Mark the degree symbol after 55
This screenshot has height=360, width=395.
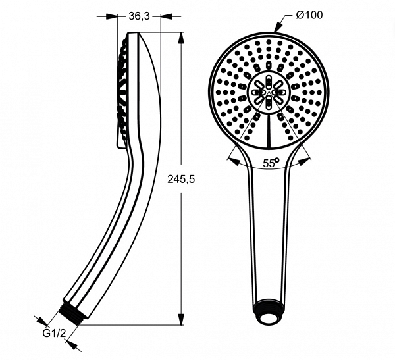[x=276, y=159]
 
